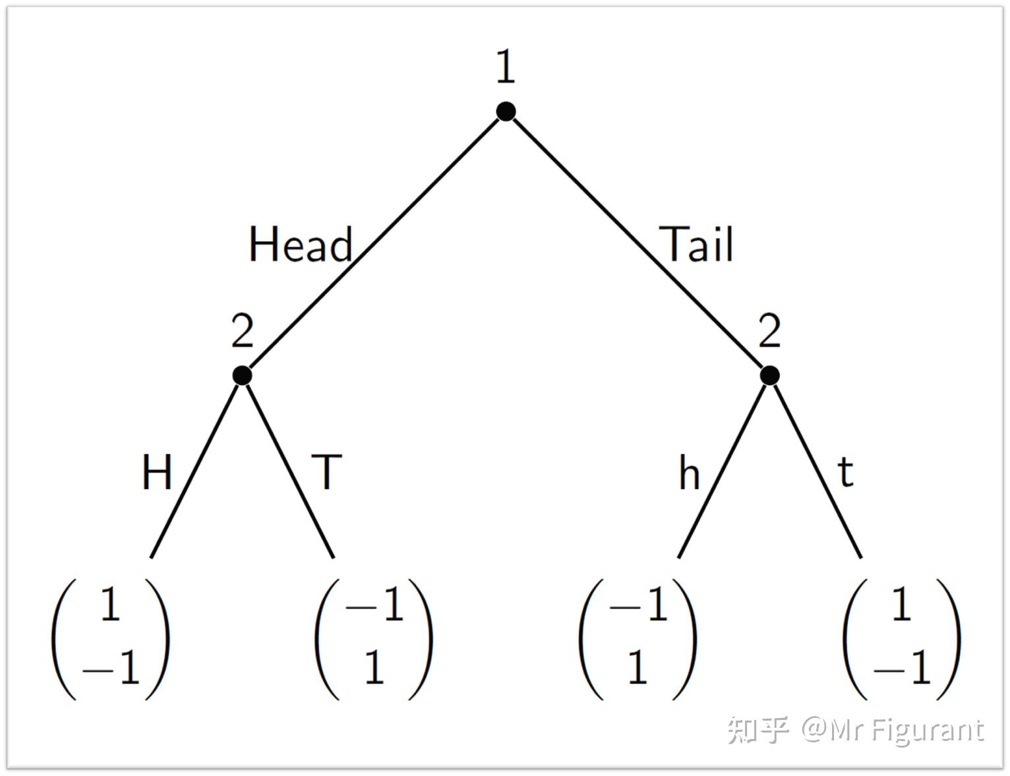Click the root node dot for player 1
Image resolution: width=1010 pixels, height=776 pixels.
[x=506, y=111]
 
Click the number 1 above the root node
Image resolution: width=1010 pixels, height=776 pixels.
[x=506, y=67]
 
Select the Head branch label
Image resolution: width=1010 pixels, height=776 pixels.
[x=301, y=245]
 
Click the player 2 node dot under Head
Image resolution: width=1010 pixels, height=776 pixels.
[x=242, y=375]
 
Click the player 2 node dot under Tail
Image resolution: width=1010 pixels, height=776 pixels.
[x=769, y=375]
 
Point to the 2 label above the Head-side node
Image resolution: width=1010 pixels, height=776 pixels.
[x=242, y=331]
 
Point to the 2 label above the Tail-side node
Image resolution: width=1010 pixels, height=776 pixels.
[x=769, y=331]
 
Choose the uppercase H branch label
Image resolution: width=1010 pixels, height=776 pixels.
[x=157, y=472]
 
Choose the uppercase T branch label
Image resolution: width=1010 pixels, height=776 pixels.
[x=327, y=472]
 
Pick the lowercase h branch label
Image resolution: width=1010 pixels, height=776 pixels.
[x=689, y=473]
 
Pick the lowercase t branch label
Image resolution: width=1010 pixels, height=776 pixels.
[x=846, y=472]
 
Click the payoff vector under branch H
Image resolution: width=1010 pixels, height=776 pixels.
[x=111, y=638]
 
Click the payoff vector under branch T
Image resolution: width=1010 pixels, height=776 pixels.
[x=374, y=638]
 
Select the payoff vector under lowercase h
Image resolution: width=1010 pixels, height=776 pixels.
[x=638, y=638]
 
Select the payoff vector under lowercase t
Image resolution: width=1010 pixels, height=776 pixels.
[x=901, y=638]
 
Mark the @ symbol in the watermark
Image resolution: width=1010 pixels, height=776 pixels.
[x=815, y=731]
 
